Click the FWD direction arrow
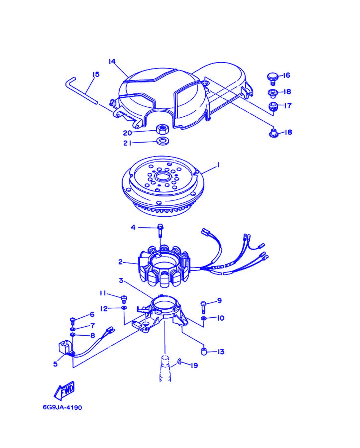[64, 391]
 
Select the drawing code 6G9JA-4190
[62, 407]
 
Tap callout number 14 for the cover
[112, 61]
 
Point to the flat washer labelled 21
[163, 141]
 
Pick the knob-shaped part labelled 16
[272, 79]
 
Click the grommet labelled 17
[273, 106]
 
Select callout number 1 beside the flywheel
[218, 165]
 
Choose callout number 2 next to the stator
[120, 262]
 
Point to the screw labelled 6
[73, 321]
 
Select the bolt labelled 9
[203, 307]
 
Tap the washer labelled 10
[204, 318]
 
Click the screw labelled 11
[124, 299]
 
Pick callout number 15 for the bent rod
[96, 74]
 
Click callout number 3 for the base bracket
[121, 280]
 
